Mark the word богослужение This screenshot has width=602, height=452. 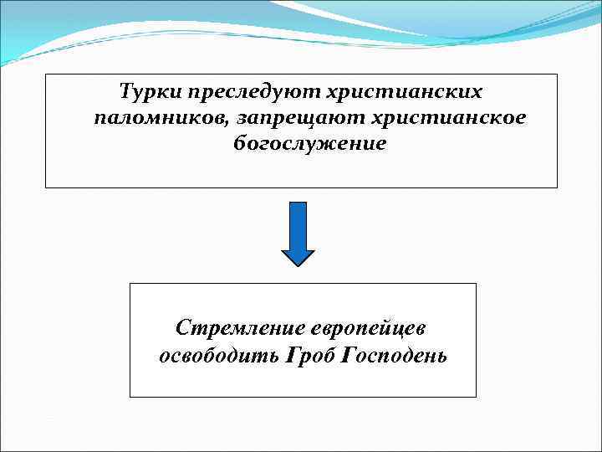point(310,143)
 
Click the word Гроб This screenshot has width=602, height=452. point(312,355)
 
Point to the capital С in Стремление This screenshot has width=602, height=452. point(183,326)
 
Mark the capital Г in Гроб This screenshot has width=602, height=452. point(292,355)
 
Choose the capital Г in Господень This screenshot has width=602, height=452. point(350,355)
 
